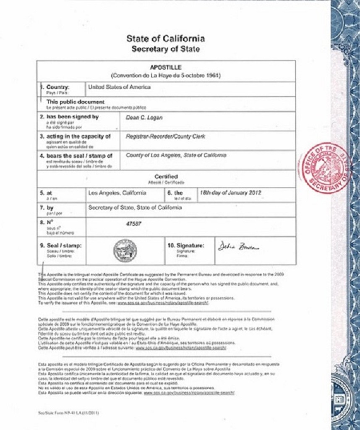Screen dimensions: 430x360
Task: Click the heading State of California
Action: [x=166, y=39]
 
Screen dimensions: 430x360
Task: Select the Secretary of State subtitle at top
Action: [x=166, y=49]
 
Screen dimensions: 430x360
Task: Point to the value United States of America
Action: [x=119, y=87]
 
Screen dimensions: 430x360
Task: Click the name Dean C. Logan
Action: [x=144, y=118]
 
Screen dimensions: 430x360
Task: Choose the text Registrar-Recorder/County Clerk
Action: [x=165, y=136]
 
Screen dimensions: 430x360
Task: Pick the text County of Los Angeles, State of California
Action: [x=176, y=155]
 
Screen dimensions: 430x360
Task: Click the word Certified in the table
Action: [x=166, y=177]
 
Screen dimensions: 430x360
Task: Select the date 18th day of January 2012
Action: [x=230, y=193]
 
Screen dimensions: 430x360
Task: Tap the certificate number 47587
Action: [x=134, y=224]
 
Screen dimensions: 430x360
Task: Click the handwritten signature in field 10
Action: [x=238, y=246]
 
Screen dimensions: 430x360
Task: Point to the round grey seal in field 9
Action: [x=125, y=251]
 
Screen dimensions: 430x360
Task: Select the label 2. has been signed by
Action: [x=69, y=117]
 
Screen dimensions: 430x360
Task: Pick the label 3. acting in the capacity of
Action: [x=75, y=136]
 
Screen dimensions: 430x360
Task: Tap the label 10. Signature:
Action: [x=186, y=245]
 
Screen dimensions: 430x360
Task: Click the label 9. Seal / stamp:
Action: [x=61, y=245]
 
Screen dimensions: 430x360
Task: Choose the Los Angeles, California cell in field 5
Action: [x=117, y=193]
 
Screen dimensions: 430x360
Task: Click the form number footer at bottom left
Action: [x=69, y=412]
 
